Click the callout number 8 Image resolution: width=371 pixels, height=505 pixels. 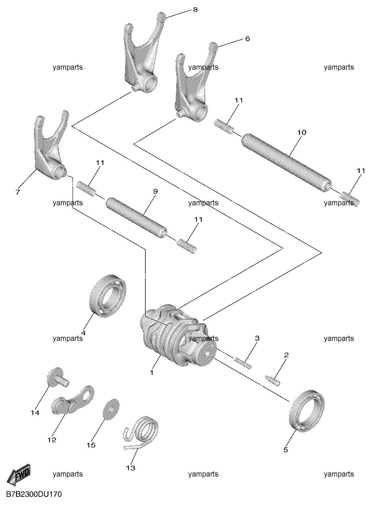pos(195,10)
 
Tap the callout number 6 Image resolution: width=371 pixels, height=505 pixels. pos(247,39)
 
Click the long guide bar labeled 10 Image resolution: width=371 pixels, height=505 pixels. pos(286,163)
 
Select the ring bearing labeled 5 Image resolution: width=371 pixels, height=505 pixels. pos(307,410)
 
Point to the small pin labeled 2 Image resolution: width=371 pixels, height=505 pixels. pos(273,379)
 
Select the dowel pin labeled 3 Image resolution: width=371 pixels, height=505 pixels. pos(243,363)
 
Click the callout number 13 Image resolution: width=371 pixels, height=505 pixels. pos(131,468)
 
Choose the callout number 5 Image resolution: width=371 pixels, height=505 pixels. pos(286,450)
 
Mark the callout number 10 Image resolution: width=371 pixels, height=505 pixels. pos(302,132)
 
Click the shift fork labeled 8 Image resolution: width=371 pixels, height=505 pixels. pos(142,52)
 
